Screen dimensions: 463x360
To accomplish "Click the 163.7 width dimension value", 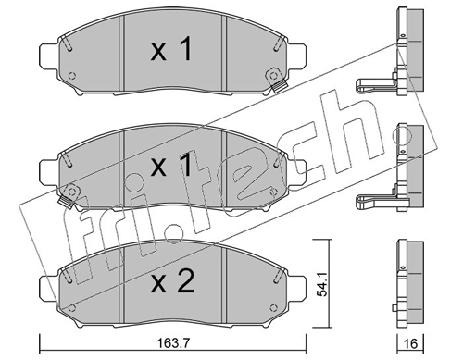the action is click(x=172, y=343).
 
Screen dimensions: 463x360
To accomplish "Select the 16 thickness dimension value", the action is click(x=410, y=343).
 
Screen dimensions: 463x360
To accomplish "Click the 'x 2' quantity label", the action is click(x=172, y=281).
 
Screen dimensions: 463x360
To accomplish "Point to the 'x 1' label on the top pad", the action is click(x=171, y=49).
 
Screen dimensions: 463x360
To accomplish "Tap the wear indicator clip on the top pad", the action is click(x=275, y=80).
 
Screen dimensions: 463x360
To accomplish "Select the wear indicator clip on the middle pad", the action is click(x=69, y=196).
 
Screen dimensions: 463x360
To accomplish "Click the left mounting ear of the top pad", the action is click(x=49, y=57).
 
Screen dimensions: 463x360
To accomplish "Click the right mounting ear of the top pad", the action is click(x=296, y=57).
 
